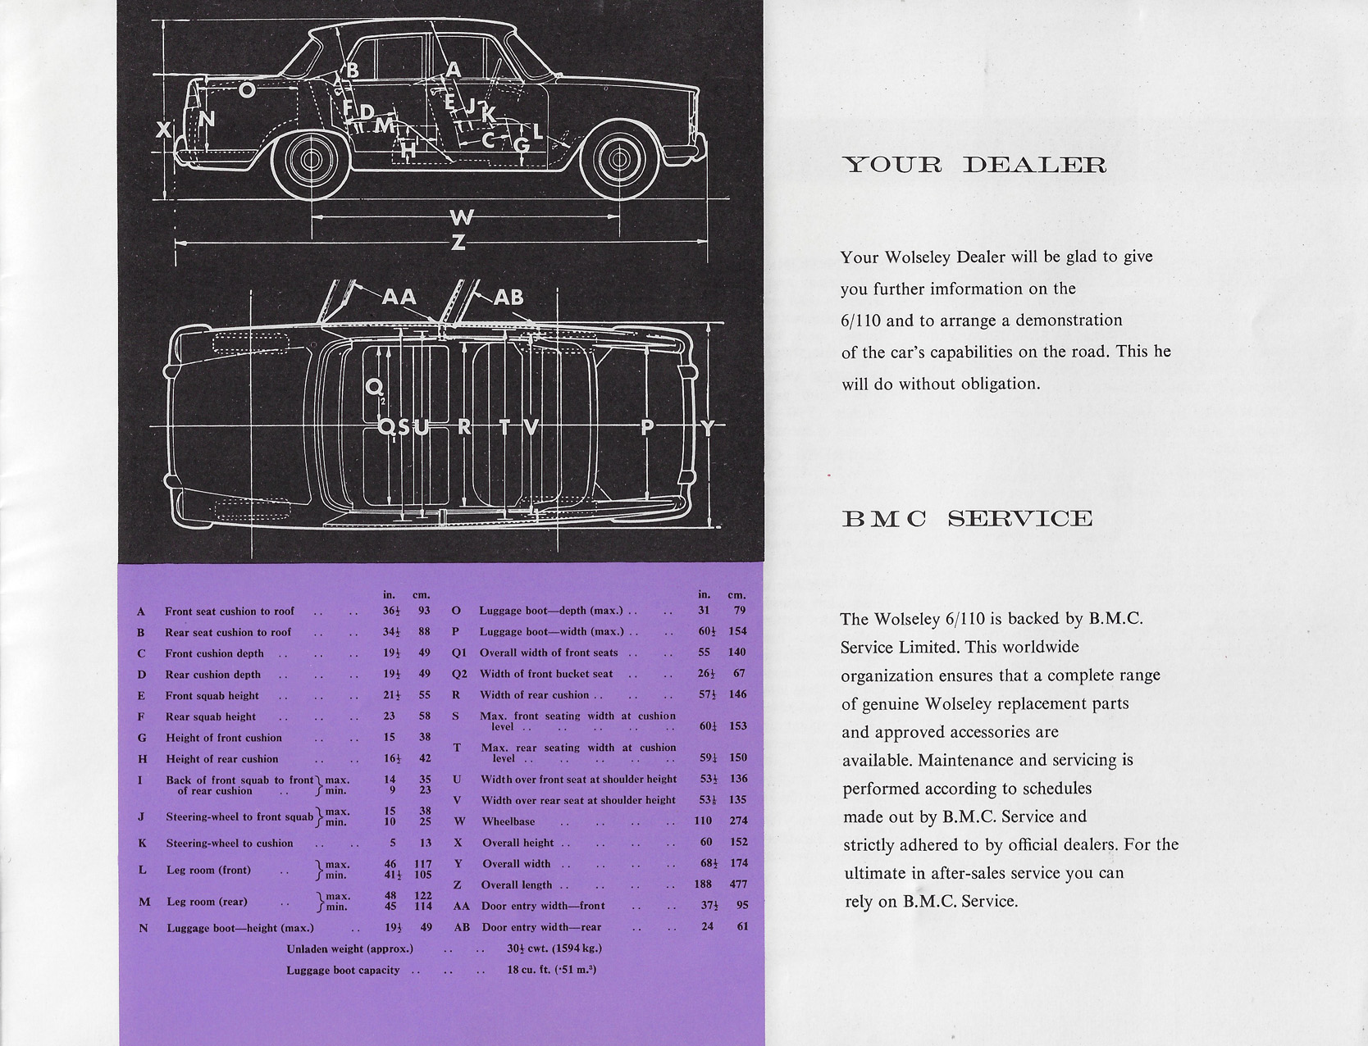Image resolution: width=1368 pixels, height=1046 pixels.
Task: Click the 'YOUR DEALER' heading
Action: click(x=974, y=165)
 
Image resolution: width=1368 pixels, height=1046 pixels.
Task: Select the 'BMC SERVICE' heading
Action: click(x=967, y=518)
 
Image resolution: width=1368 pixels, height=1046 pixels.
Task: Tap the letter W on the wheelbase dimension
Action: click(x=461, y=217)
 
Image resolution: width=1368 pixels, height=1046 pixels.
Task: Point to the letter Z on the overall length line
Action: click(x=458, y=242)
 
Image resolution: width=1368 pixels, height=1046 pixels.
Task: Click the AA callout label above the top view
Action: click(x=399, y=297)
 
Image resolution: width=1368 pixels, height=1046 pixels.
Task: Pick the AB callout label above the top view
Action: click(x=508, y=298)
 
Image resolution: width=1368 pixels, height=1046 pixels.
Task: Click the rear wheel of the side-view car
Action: click(x=311, y=161)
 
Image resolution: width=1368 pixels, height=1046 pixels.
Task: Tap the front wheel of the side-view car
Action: click(x=619, y=160)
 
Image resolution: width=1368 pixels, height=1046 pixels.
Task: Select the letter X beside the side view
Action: click(x=163, y=130)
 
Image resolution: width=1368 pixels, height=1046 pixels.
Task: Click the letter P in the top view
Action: click(x=648, y=427)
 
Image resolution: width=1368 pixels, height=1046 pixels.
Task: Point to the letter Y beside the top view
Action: click(x=708, y=428)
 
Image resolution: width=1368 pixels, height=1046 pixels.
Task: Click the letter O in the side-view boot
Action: click(x=247, y=90)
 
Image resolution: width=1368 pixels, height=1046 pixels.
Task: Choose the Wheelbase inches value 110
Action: click(x=703, y=821)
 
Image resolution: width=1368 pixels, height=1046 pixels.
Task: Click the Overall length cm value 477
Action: click(x=738, y=884)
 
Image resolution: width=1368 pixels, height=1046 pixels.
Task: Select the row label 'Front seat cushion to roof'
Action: click(x=230, y=612)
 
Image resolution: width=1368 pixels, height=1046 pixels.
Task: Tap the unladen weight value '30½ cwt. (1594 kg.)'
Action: click(x=554, y=948)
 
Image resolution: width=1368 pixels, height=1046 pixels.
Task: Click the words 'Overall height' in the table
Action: click(x=518, y=843)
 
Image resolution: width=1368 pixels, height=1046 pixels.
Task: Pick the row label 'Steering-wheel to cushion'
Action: click(x=230, y=844)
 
